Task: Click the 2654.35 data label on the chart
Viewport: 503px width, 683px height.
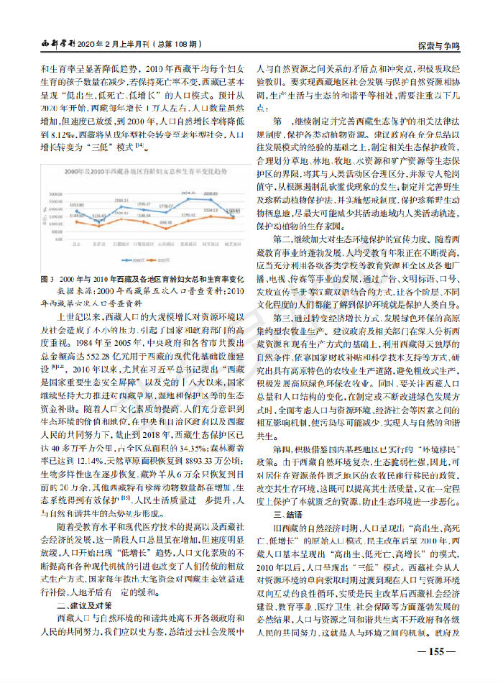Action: click(x=189, y=193)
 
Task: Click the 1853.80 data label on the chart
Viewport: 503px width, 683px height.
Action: click(x=77, y=206)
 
